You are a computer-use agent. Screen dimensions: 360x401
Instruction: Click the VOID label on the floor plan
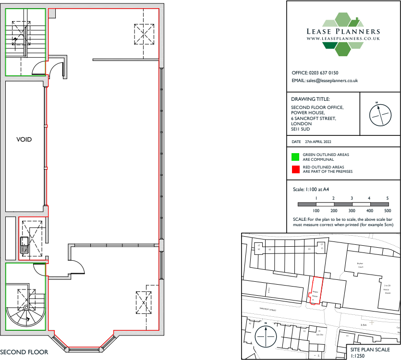pyautogui.click(x=24, y=140)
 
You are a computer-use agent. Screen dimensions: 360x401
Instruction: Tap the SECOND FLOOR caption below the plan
pyautogui.click(x=24, y=352)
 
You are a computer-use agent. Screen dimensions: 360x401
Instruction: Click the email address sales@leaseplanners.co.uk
pyautogui.click(x=332, y=81)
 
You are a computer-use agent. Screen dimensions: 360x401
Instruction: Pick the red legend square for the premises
pyautogui.click(x=295, y=169)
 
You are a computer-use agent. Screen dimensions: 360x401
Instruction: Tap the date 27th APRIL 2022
pyautogui.click(x=318, y=143)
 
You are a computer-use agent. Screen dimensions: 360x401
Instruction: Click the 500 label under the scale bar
pyautogui.click(x=388, y=211)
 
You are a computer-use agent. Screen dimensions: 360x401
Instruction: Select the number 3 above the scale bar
pyautogui.click(x=352, y=198)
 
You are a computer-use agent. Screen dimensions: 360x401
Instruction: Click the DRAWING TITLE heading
pyautogui.click(x=311, y=99)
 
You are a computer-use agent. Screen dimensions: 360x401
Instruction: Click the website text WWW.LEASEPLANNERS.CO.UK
pyautogui.click(x=343, y=38)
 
